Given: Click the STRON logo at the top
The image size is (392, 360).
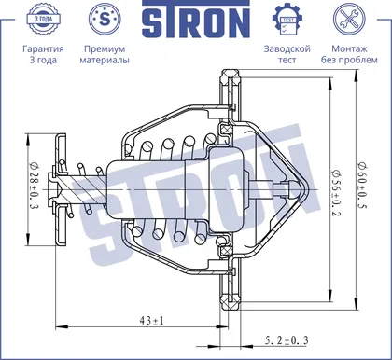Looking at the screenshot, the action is (196, 20).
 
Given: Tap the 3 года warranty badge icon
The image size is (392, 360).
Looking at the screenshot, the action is (43, 19).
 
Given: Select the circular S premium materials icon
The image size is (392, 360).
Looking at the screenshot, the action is (105, 19).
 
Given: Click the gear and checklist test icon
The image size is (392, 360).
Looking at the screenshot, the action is (287, 20).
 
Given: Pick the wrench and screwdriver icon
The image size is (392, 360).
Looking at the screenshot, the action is (349, 19).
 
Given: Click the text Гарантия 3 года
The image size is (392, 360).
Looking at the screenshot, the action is (43, 54).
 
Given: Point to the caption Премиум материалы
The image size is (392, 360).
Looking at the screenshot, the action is (105, 54).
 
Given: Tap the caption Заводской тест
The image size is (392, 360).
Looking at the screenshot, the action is (287, 54).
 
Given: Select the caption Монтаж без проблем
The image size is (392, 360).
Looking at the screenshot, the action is (349, 54).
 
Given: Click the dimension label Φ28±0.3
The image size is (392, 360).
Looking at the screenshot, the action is (33, 185).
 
